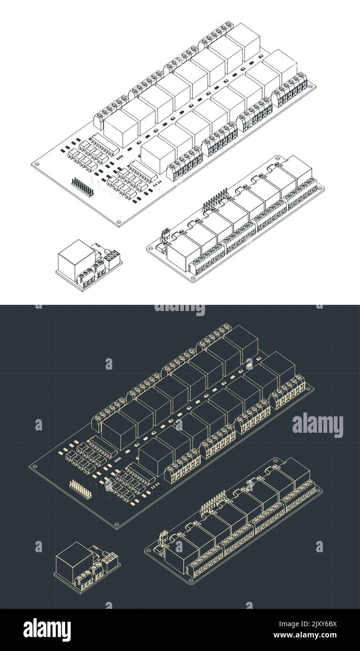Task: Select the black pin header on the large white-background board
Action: pyautogui.click(x=82, y=186)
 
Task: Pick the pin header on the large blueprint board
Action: pyautogui.click(x=81, y=488)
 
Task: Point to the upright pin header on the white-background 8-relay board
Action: pyautogui.click(x=215, y=198)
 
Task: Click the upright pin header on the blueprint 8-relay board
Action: pyautogui.click(x=213, y=500)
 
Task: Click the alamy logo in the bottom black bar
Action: pyautogui.click(x=47, y=629)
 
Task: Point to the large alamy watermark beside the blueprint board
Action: pyautogui.click(x=318, y=425)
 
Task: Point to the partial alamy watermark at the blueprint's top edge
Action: pyautogui.click(x=180, y=309)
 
